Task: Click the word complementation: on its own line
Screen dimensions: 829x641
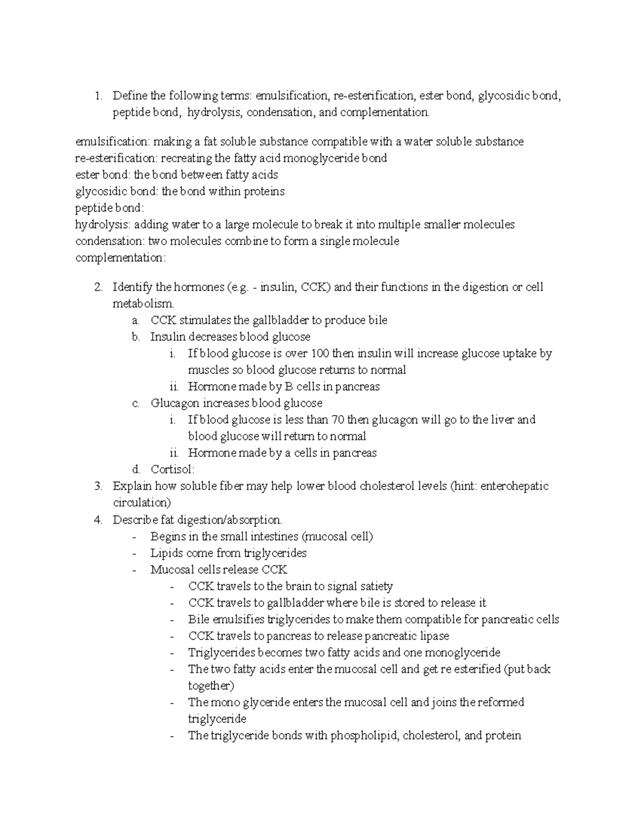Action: pyautogui.click(x=121, y=258)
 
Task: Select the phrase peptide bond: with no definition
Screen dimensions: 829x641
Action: pyautogui.click(x=110, y=208)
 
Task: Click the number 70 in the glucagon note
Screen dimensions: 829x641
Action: pyautogui.click(x=338, y=420)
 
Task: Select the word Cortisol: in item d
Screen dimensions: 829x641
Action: pyautogui.click(x=173, y=470)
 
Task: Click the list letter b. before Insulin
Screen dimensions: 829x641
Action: pyautogui.click(x=136, y=337)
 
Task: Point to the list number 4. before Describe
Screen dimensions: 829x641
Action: pyautogui.click(x=98, y=519)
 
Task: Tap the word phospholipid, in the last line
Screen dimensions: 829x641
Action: pyautogui.click(x=365, y=736)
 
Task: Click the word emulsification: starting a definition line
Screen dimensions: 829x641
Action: pyautogui.click(x=113, y=141)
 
